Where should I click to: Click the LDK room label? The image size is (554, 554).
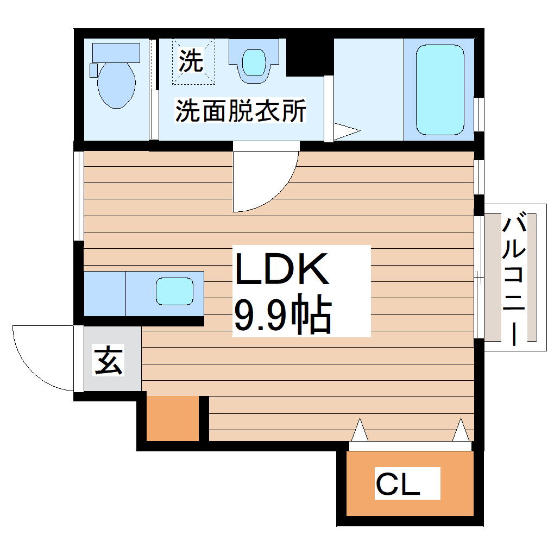point(282,269)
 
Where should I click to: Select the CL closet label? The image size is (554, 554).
point(398,484)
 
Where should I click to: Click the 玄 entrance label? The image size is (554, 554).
point(109,361)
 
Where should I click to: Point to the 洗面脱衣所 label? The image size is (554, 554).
point(241,111)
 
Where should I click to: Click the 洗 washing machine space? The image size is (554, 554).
point(193,61)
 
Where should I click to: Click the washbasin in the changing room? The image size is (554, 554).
point(253,62)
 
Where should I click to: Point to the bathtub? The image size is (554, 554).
point(440,90)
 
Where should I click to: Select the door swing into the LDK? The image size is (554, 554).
point(263,179)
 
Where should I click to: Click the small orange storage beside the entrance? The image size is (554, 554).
point(172,418)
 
